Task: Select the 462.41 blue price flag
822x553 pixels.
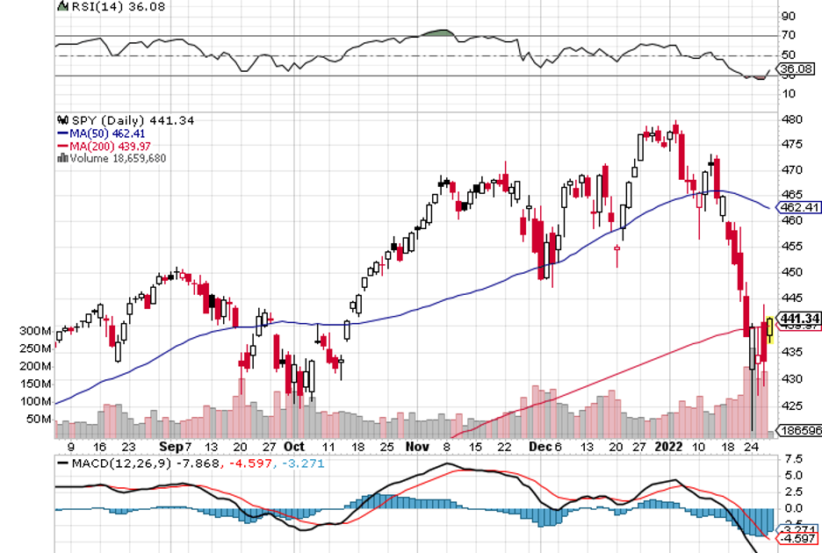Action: coord(800,208)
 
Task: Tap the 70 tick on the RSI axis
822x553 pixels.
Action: coord(788,35)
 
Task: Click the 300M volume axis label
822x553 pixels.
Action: coord(37,331)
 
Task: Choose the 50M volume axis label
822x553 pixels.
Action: coord(40,419)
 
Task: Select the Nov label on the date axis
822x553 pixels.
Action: coord(418,446)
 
